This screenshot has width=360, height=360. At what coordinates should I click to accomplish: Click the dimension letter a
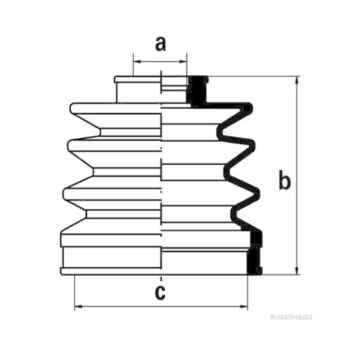click(x=161, y=44)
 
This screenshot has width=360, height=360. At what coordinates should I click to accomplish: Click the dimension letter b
click(x=284, y=179)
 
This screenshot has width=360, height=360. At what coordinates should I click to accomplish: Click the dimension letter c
click(x=160, y=292)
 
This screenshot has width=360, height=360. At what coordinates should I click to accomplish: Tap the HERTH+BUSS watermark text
click(x=292, y=318)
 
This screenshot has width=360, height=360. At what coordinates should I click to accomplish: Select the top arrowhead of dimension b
click(x=297, y=81)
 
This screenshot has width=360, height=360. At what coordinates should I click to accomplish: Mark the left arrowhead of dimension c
click(x=78, y=307)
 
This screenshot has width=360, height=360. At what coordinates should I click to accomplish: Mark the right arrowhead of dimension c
click(x=243, y=307)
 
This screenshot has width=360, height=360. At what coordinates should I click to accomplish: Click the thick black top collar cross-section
click(x=197, y=91)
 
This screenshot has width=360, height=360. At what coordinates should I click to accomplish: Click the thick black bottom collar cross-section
click(x=254, y=254)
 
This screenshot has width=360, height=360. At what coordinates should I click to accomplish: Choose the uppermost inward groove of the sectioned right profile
click(x=220, y=132)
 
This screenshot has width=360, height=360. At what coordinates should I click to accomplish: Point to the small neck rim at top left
click(x=138, y=79)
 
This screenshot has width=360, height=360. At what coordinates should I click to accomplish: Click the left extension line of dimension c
click(x=75, y=292)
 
